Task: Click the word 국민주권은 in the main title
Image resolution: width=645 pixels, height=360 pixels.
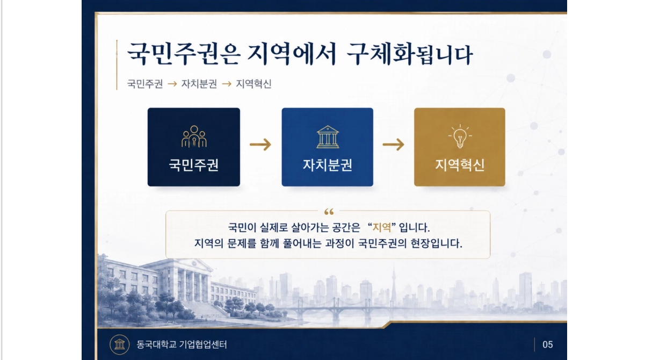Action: click(x=184, y=54)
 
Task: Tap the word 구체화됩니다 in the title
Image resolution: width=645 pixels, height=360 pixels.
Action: click(x=409, y=54)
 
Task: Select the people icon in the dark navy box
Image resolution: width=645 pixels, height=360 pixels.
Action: click(x=194, y=136)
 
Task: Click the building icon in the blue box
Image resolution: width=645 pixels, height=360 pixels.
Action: click(x=328, y=137)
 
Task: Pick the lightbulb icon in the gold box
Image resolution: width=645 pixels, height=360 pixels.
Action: click(x=460, y=136)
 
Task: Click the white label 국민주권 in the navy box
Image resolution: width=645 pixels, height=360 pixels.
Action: click(x=193, y=165)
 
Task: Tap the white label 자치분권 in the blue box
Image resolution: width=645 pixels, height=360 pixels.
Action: click(x=328, y=165)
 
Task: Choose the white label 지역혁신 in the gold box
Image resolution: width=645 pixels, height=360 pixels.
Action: click(x=460, y=165)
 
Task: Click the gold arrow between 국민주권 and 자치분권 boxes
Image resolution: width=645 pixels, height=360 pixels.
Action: click(x=260, y=145)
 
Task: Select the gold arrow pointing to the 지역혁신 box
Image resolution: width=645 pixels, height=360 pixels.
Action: click(x=393, y=145)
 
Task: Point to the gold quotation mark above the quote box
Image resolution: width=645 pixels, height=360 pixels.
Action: click(x=329, y=212)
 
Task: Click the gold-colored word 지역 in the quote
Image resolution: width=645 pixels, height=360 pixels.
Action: click(x=382, y=227)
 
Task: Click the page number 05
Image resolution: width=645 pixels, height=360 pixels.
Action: click(x=547, y=345)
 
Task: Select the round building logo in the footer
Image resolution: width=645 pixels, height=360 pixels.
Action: click(x=120, y=344)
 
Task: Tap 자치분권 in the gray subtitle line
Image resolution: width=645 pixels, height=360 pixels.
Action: click(x=199, y=84)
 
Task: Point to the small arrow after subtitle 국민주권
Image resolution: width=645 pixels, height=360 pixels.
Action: click(x=172, y=84)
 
